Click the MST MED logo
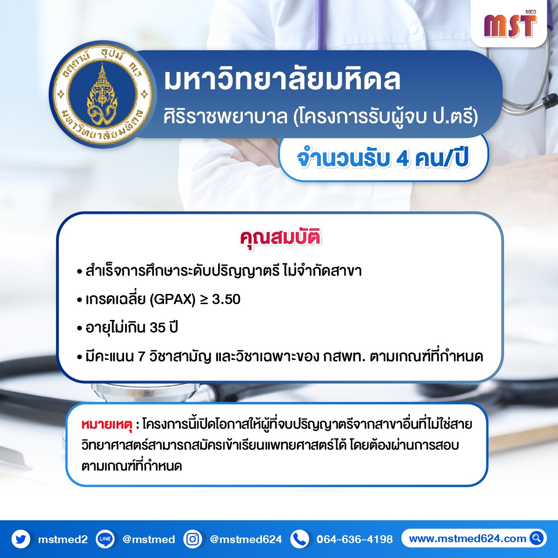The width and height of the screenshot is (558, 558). pos(510,24)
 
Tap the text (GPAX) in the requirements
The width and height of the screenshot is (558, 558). pos(173,299)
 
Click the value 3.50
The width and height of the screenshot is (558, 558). pos(226,299)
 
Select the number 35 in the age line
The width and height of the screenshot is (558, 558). pos(158,328)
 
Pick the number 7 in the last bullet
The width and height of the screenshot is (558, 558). pos(141,357)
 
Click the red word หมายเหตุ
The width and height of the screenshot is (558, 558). pos(107,425)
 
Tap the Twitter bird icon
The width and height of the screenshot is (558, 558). pos(21,539)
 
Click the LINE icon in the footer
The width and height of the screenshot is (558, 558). pos(105,539)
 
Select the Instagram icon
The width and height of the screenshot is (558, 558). pos(193,539)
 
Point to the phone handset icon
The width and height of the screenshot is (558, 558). pos(300,539)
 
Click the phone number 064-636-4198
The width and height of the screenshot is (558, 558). pos(355,539)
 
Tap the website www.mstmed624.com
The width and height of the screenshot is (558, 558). pos(467,538)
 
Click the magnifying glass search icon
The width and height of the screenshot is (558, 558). pos(537,538)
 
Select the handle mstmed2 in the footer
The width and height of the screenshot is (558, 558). pos(63,539)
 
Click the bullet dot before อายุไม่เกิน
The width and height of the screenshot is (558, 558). pos(80,329)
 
